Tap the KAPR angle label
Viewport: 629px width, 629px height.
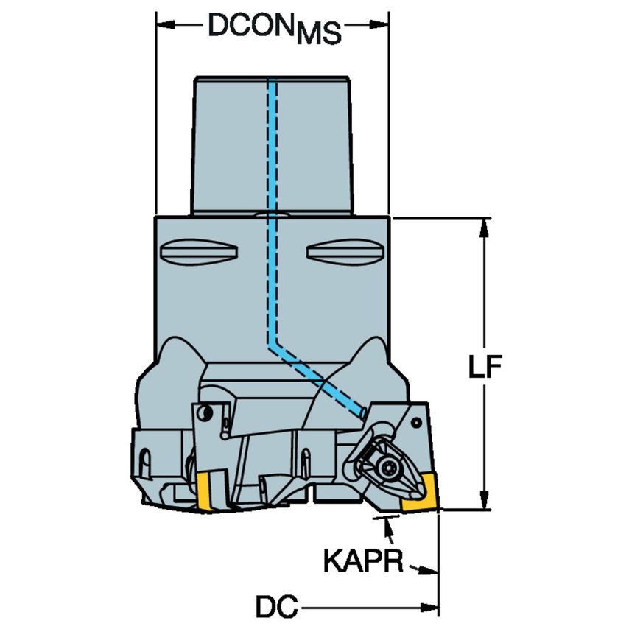[362, 563]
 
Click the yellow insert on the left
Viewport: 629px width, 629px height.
[205, 492]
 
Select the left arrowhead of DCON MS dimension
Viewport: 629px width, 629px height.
[164, 24]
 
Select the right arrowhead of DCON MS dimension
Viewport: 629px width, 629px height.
[379, 24]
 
